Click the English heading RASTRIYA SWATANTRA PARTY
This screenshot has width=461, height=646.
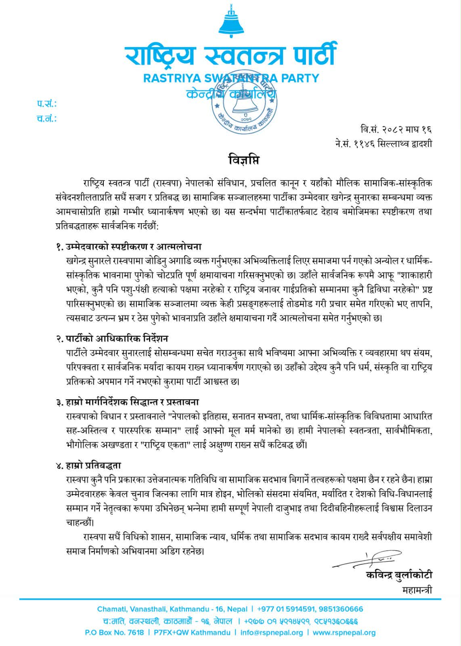tap(231, 78)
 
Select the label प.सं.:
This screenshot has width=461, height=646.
tap(47, 104)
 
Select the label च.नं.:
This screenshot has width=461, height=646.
tap(47, 119)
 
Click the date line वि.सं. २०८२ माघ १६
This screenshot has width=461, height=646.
tap(396, 130)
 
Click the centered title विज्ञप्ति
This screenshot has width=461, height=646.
tap(242, 160)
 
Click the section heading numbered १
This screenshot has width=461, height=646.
tap(129, 247)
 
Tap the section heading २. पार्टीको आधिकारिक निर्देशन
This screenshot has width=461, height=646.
tap(112, 338)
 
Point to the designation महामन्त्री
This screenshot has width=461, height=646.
tap(417, 590)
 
